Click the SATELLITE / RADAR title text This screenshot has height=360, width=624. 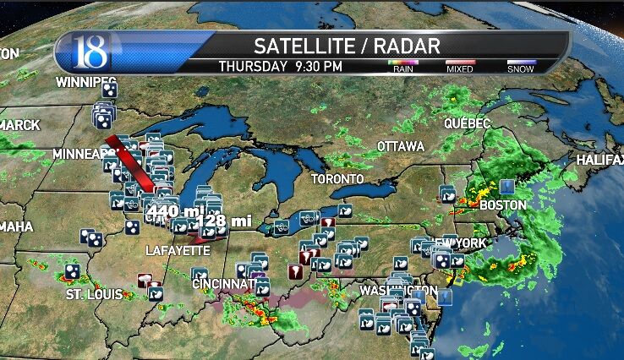click(x=347, y=45)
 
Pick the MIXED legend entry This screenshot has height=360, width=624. click(x=460, y=67)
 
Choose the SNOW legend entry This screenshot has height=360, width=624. click(x=520, y=67)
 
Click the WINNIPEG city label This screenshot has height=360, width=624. click(x=85, y=82)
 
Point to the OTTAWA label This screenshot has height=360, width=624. click(x=400, y=146)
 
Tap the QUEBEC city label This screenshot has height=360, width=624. click(x=468, y=123)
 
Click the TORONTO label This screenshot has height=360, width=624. click(x=337, y=179)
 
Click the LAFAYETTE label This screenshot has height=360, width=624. click(x=177, y=251)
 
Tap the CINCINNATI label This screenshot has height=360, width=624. click(x=223, y=284)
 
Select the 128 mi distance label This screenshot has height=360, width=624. click(x=224, y=221)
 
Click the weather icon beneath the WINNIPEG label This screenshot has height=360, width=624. click(x=109, y=90)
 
